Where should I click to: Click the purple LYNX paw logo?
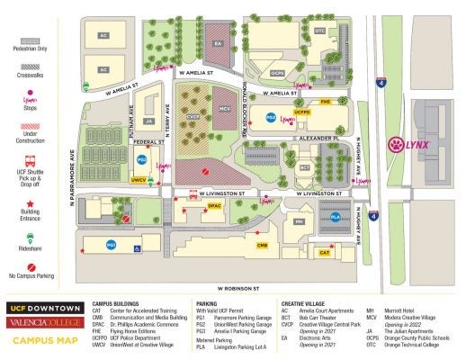tap(395, 143)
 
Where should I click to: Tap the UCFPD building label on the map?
tap(302, 112)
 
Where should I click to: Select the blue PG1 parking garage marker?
tap(112, 245)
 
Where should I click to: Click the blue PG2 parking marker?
tap(142, 159)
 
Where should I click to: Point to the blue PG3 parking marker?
tap(271, 117)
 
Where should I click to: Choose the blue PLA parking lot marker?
tap(336, 217)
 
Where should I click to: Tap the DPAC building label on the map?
tap(214, 206)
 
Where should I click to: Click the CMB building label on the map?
tap(262, 245)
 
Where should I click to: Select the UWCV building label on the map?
tap(139, 180)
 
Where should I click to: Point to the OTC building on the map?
tap(320, 31)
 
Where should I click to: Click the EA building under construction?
tap(217, 42)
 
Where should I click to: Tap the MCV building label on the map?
tap(225, 109)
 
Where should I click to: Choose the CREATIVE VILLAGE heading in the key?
tap(307, 303)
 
